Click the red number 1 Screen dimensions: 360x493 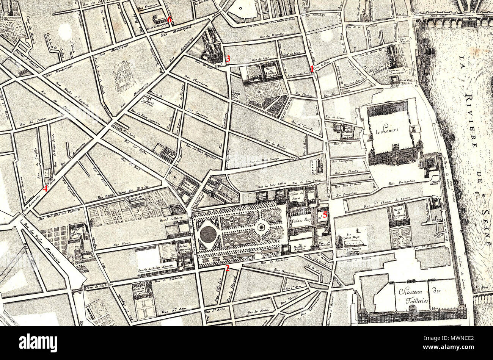(312, 69)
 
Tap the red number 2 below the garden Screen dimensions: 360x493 (227, 268)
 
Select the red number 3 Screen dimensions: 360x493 (228, 59)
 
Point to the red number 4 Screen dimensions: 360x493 (45, 188)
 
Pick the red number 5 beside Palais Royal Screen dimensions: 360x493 (325, 215)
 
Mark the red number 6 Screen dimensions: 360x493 (170, 20)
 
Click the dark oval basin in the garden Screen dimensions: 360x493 (208, 235)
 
